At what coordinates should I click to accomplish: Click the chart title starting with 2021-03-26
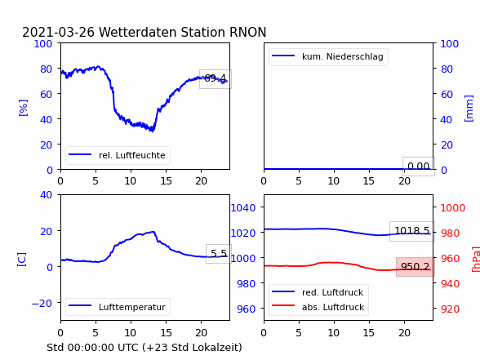point(144,32)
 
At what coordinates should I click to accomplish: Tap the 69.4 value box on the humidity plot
point(216,79)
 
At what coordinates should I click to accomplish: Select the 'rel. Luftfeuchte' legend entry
point(118,155)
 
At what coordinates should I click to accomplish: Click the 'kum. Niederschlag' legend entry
point(328,56)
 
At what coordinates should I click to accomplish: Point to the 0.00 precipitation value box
point(419,167)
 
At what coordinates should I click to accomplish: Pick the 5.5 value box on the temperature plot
point(219,254)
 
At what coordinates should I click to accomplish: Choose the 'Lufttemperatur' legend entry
point(118,307)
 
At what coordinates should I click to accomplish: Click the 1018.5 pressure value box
point(412,231)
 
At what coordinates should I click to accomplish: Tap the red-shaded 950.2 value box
point(416,267)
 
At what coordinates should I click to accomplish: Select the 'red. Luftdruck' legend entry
point(318,292)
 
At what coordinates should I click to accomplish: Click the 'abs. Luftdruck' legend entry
point(318,307)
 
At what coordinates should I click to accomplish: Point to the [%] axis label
point(23,108)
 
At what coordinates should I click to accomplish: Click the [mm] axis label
point(469,109)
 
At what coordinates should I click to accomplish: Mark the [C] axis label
point(22,260)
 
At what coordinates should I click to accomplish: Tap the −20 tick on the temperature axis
point(42,304)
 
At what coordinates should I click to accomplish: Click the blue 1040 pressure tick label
point(243,208)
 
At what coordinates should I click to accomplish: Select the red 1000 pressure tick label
point(453,208)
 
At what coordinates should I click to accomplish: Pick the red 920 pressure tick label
point(450,309)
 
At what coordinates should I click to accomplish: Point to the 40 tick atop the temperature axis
point(46,194)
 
